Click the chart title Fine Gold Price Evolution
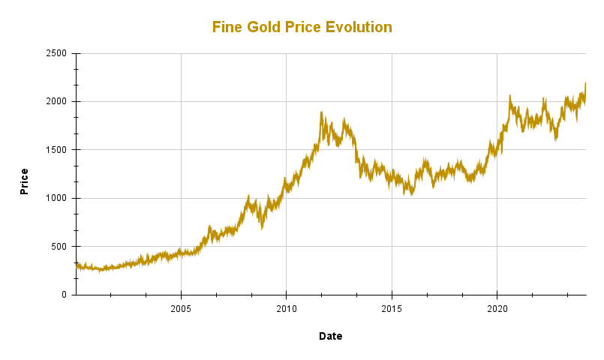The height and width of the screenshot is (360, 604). pyautogui.click(x=302, y=27)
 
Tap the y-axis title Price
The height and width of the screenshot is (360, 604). pyautogui.click(x=24, y=181)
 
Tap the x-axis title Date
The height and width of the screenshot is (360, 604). pyautogui.click(x=330, y=336)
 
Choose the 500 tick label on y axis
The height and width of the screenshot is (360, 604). pyautogui.click(x=60, y=247)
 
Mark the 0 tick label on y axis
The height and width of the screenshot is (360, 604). pyautogui.click(x=65, y=295)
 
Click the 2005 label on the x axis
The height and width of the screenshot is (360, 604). pyautogui.click(x=181, y=308)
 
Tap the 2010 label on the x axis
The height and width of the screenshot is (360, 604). pyautogui.click(x=286, y=308)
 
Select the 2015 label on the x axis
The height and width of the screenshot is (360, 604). pyautogui.click(x=392, y=308)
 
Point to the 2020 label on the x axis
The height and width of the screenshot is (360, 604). pyautogui.click(x=497, y=308)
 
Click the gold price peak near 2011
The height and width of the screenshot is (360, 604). pyautogui.click(x=321, y=112)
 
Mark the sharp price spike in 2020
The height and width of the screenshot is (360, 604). pyautogui.click(x=510, y=96)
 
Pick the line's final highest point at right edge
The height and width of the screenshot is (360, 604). pyautogui.click(x=585, y=83)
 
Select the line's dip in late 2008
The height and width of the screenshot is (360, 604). pyautogui.click(x=262, y=226)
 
